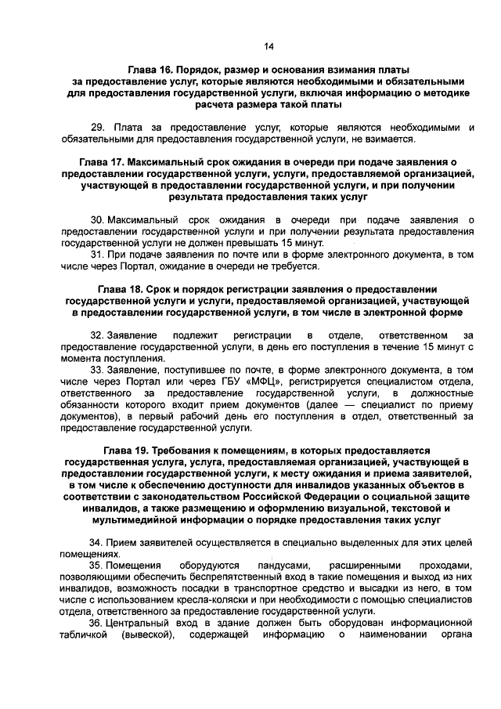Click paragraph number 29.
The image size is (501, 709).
(98, 127)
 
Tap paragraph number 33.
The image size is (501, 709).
(97, 368)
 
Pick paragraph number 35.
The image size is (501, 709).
(97, 565)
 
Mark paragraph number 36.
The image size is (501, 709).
(97, 621)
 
